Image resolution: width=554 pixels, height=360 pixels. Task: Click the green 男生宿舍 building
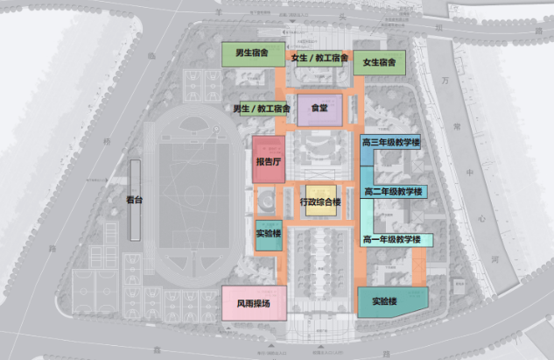[250, 53]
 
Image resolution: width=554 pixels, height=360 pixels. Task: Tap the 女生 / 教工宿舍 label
[319, 59]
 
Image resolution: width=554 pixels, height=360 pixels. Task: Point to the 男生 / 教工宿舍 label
[262, 109]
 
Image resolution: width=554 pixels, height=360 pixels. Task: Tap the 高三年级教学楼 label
[391, 142]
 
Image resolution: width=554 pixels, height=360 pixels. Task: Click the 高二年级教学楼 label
[393, 191]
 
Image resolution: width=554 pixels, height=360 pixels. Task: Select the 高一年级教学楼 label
[391, 239]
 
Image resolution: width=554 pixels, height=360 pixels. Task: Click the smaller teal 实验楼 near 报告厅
[269, 235]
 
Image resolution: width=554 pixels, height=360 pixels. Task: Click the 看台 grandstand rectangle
[134, 199]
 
